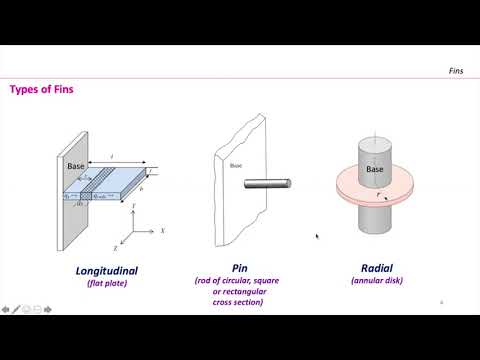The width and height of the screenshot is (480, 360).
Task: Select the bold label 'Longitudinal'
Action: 106,270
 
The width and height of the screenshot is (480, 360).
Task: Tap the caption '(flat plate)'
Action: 106,283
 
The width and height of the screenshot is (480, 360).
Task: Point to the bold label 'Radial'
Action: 376,268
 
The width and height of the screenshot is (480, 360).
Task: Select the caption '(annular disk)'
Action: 376,281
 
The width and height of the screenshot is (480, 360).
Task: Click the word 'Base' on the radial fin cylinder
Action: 375,170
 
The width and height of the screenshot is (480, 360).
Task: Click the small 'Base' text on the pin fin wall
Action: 236,166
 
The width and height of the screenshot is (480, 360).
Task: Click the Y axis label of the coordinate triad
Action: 133,202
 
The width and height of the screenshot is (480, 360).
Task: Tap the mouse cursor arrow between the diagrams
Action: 317,237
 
